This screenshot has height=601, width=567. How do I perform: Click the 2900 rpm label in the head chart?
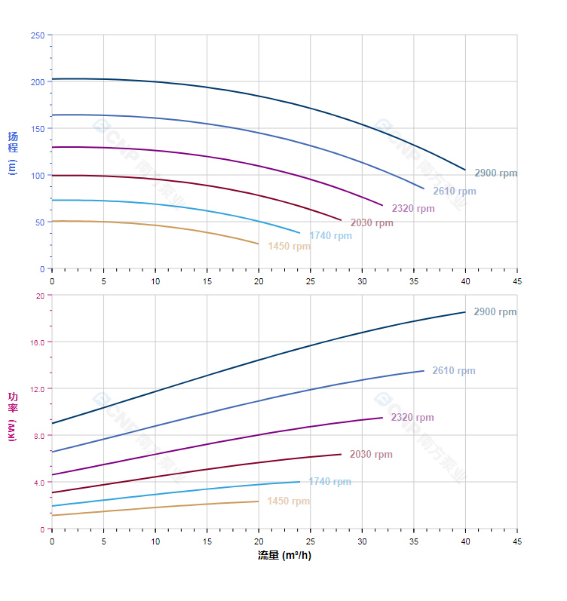[495, 173]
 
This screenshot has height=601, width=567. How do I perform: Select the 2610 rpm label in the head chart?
[454, 192]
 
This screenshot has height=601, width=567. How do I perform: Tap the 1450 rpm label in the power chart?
[288, 501]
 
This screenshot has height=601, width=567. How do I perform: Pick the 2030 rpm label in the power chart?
[371, 455]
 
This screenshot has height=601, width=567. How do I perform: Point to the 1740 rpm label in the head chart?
[330, 236]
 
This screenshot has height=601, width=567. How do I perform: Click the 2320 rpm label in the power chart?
[412, 418]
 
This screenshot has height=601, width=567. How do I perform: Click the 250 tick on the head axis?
[37, 35]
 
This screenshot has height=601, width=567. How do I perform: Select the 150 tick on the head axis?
[37, 129]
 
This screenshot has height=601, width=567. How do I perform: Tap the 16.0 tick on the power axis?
[37, 342]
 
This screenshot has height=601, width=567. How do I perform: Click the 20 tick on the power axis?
[40, 296]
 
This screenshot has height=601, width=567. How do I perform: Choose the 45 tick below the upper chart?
[516, 281]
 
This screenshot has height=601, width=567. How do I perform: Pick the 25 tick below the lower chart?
[310, 541]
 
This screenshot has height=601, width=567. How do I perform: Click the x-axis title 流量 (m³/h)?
[284, 556]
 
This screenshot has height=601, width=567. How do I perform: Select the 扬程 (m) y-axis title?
[12, 152]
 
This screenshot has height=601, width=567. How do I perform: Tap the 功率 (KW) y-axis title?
[12, 415]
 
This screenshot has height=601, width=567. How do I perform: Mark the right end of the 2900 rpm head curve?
[465, 170]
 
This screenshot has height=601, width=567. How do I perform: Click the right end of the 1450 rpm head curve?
[259, 244]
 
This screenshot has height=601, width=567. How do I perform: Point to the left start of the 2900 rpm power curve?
[52, 423]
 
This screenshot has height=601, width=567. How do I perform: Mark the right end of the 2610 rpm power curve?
[424, 370]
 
